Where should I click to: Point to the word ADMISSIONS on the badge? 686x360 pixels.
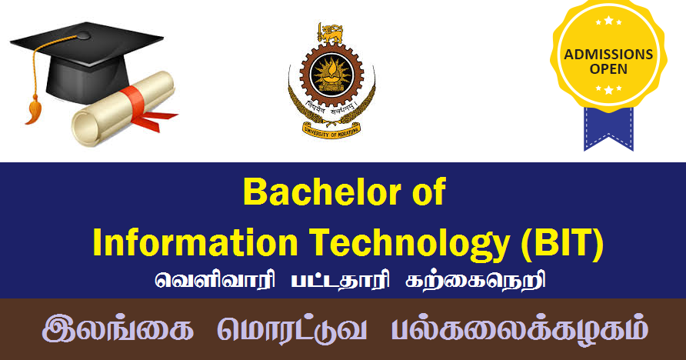[x=608, y=55]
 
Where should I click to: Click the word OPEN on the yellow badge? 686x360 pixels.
[x=608, y=69]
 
